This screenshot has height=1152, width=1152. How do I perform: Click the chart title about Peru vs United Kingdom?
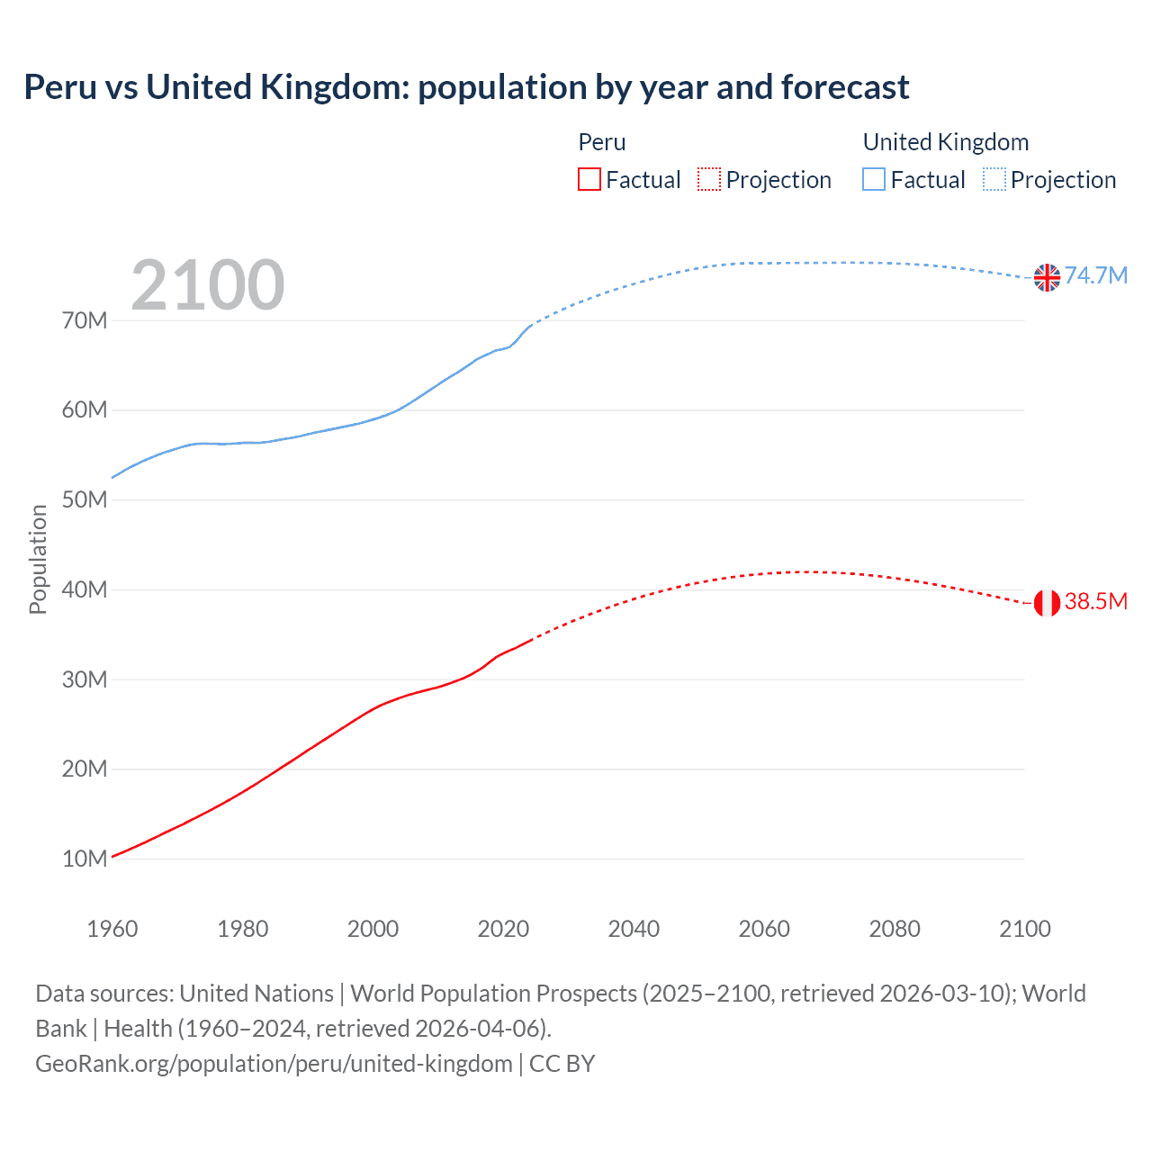click(466, 87)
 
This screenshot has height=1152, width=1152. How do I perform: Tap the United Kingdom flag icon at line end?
click(1047, 278)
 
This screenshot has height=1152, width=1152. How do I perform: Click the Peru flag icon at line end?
click(1047, 603)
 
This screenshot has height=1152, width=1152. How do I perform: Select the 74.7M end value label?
click(1096, 275)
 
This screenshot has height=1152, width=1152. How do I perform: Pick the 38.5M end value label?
click(1096, 601)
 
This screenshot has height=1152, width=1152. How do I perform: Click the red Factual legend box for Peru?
click(589, 179)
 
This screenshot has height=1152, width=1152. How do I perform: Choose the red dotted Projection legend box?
click(709, 179)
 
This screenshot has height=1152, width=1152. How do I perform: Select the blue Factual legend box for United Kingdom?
click(874, 179)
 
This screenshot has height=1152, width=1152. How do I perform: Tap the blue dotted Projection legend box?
click(994, 179)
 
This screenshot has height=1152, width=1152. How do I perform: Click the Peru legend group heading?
click(601, 142)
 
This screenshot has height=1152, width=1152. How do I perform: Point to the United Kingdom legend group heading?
click(945, 142)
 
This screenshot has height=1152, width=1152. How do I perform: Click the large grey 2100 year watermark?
click(208, 285)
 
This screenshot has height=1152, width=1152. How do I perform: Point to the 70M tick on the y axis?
click(85, 320)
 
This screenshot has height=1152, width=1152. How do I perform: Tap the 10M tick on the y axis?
click(85, 859)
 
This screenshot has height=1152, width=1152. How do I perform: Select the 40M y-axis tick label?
click(85, 589)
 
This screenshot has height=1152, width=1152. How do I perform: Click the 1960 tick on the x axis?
click(112, 929)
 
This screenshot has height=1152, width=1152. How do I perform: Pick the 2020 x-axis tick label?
click(503, 929)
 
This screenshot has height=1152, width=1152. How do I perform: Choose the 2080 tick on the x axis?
click(894, 929)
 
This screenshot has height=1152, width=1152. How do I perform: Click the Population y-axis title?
click(38, 559)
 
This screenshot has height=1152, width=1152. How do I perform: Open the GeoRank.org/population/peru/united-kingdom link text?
click(274, 1064)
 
